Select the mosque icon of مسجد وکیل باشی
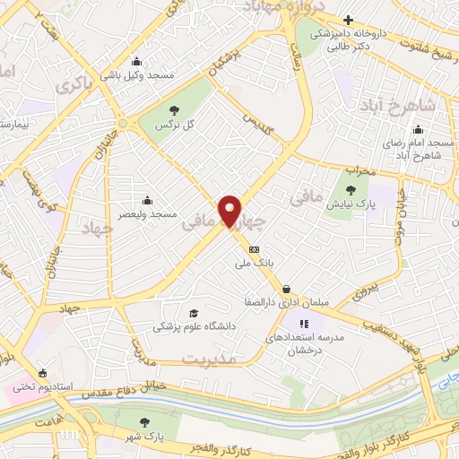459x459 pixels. pyautogui.click(x=135, y=62)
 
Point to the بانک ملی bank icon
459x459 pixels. pyautogui.click(x=254, y=248)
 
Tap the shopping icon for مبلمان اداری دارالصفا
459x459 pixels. pyautogui.click(x=285, y=289)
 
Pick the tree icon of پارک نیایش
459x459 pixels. pyautogui.click(x=352, y=190)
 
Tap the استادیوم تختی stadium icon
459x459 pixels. pyautogui.click(x=41, y=372)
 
